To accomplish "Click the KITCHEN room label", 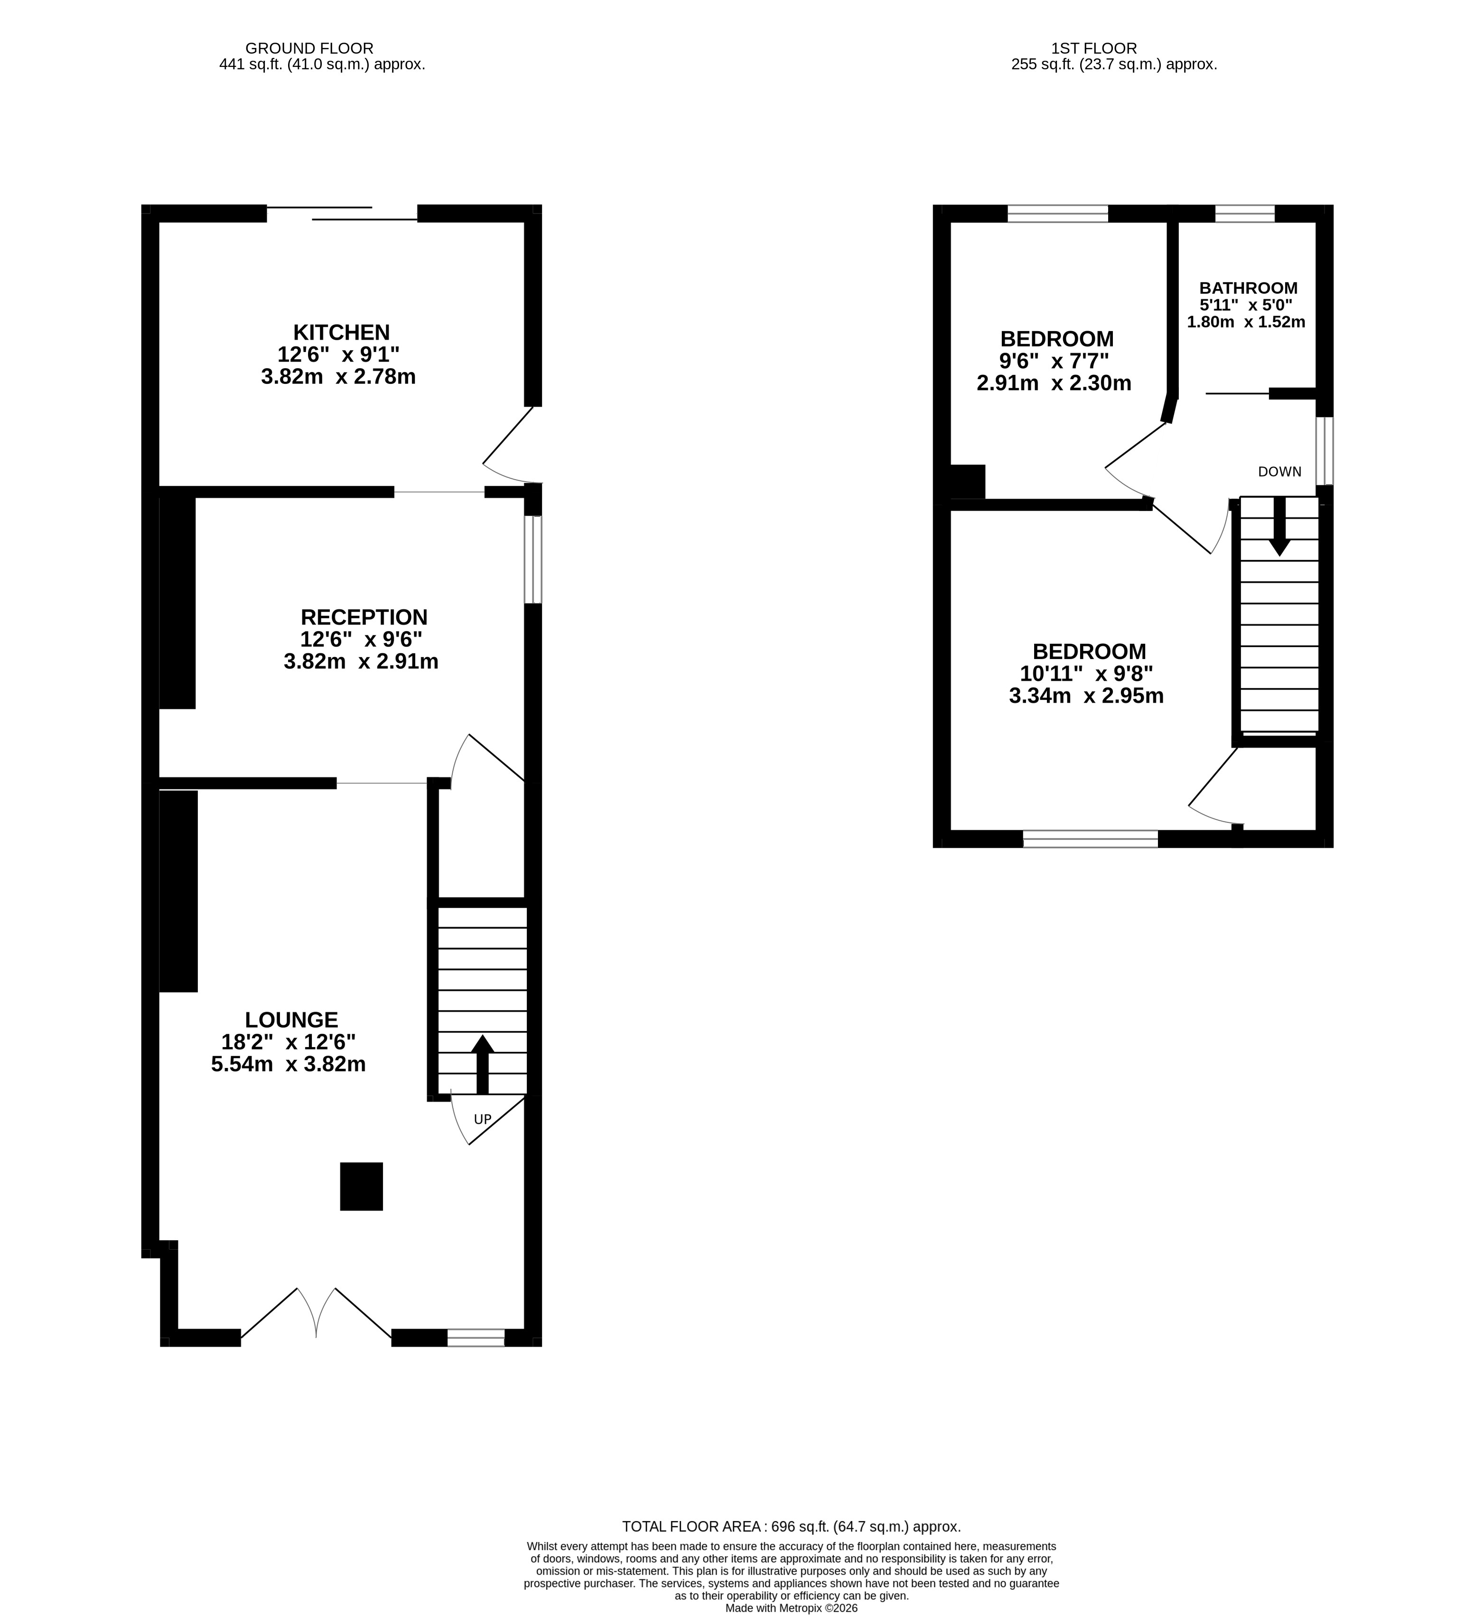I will tap(341, 332).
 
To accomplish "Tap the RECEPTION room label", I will tap(364, 617).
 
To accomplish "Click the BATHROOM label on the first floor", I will tap(1248, 288).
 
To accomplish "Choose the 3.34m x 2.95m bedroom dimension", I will tap(1086, 696).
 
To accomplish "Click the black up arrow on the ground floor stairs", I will tap(482, 1064).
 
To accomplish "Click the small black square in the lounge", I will tap(361, 1187).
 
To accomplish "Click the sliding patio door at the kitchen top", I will tap(342, 213).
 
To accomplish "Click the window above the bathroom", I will tap(1244, 213).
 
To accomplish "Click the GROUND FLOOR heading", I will tap(309, 48).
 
